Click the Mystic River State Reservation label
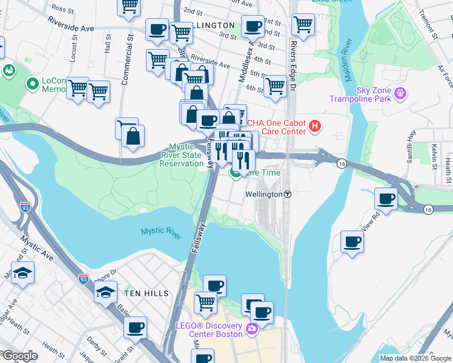coord(186,155)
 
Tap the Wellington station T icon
coord(288,195)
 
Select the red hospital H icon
coord(315,126)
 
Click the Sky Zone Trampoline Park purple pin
coord(399,93)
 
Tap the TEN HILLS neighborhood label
coord(146,293)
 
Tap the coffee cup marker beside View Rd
coord(386,198)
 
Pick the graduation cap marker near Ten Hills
coord(106,293)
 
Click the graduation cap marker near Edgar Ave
coord(22,273)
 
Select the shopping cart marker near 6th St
coord(275,86)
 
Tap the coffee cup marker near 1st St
coord(253,26)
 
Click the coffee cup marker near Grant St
coord(135,328)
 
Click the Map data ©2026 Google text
coord(415,358)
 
